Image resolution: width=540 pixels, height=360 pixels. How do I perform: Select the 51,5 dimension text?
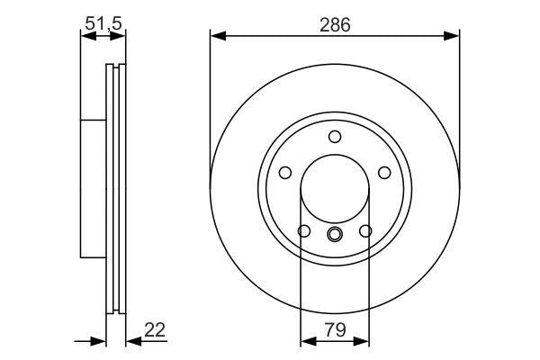[x=103, y=24]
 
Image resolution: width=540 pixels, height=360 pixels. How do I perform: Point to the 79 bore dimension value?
[x=334, y=331]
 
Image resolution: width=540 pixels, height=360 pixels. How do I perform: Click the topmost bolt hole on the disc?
[x=335, y=137]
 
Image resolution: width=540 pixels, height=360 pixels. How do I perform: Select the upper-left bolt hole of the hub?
[x=285, y=173]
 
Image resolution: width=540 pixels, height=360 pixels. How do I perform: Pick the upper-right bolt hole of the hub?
[x=383, y=173]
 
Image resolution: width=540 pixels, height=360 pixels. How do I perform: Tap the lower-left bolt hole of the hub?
[x=304, y=231]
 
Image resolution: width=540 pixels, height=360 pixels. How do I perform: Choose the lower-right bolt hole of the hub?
[x=364, y=231]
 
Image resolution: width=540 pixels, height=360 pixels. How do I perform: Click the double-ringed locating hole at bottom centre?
[x=335, y=236]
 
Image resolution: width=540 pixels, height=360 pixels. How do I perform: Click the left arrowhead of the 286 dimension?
[x=217, y=37]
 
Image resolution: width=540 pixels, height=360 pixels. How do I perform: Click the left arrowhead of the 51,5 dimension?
[x=85, y=37]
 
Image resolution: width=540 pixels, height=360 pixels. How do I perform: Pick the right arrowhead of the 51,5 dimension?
[x=121, y=37]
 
